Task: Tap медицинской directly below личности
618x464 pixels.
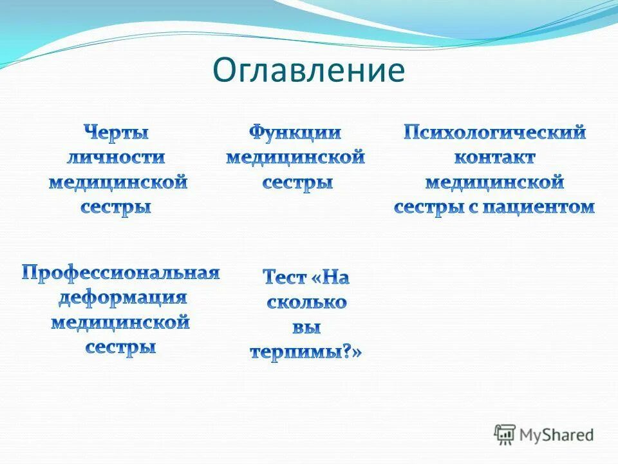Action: pyautogui.click(x=118, y=182)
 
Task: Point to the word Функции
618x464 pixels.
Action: pyautogui.click(x=295, y=133)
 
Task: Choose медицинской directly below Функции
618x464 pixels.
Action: pyautogui.click(x=295, y=158)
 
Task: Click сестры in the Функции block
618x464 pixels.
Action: pyautogui.click(x=297, y=182)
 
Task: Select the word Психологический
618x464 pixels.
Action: pyautogui.click(x=494, y=133)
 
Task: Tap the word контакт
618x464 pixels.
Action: pyautogui.click(x=494, y=158)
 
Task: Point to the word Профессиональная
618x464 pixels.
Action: pyautogui.click(x=121, y=273)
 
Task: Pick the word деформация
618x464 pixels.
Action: pyautogui.click(x=122, y=298)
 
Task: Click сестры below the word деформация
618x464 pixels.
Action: pyautogui.click(x=121, y=347)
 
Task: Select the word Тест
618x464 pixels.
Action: pyautogui.click(x=284, y=278)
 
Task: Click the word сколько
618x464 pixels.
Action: pyautogui.click(x=306, y=302)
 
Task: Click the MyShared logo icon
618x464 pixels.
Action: pyautogui.click(x=505, y=434)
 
